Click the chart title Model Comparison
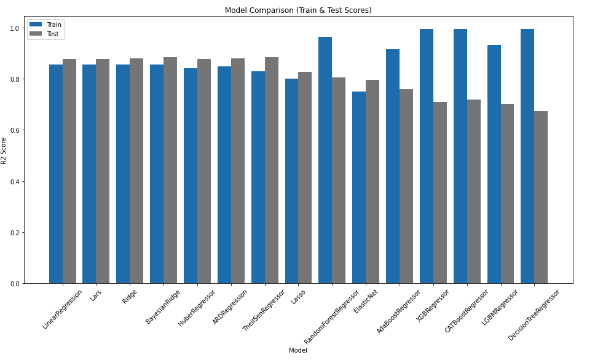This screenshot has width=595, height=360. [298, 10]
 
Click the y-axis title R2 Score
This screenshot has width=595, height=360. [4, 151]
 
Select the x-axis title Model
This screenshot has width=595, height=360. [298, 350]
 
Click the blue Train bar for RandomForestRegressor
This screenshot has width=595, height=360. [325, 160]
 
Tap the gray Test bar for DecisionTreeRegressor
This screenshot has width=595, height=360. [541, 197]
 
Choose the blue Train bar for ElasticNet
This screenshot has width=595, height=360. [359, 187]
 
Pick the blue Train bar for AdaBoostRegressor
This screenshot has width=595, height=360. [393, 166]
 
